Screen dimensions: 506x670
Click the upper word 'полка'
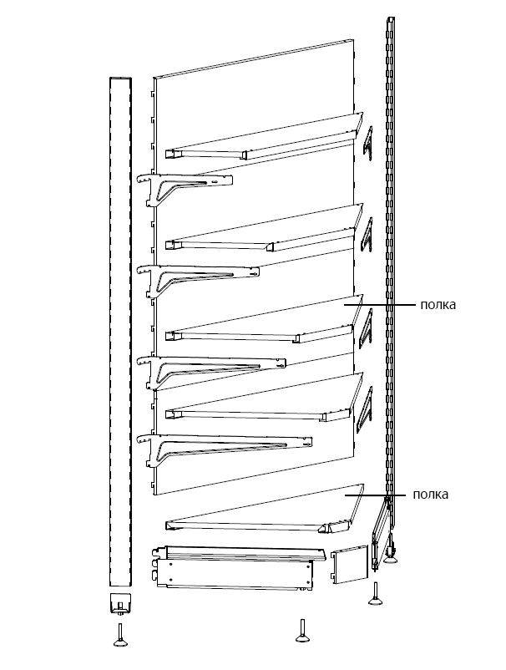point(438,305)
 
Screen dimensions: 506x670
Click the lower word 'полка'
point(430,495)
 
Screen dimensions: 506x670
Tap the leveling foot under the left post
point(120,635)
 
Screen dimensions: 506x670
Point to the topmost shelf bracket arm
point(185,188)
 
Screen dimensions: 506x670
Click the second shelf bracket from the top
point(197,280)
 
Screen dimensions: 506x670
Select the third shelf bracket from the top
point(211,371)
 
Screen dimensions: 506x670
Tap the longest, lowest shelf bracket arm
point(224,449)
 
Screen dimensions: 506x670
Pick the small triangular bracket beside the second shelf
point(367,235)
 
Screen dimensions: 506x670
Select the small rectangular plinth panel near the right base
point(349,564)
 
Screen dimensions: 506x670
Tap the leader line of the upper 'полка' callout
point(379,305)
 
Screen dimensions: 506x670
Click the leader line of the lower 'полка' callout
point(376,495)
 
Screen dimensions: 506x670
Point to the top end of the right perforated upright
point(391,19)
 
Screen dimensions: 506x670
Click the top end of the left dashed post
point(120,79)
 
